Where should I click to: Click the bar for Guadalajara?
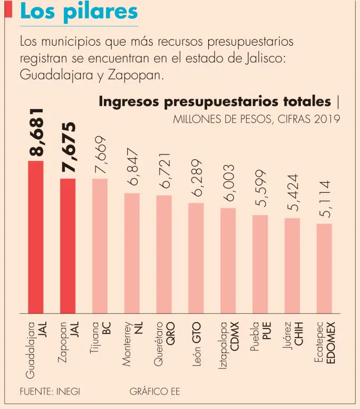(x=36, y=237)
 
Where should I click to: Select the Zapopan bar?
(x=68, y=246)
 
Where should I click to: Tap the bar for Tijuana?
(x=100, y=246)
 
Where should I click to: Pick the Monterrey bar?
(x=132, y=253)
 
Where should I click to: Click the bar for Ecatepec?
(x=324, y=268)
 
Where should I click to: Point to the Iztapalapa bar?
(x=228, y=260)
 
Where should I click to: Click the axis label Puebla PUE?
(x=260, y=339)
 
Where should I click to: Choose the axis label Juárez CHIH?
(x=292, y=341)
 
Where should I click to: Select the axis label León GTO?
(x=196, y=345)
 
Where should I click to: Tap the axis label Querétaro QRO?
(x=164, y=343)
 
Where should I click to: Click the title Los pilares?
(x=78, y=12)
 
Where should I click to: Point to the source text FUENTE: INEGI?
(x=50, y=391)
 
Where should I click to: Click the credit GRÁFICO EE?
(x=155, y=391)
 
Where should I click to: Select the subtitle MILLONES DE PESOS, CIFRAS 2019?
(x=256, y=119)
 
